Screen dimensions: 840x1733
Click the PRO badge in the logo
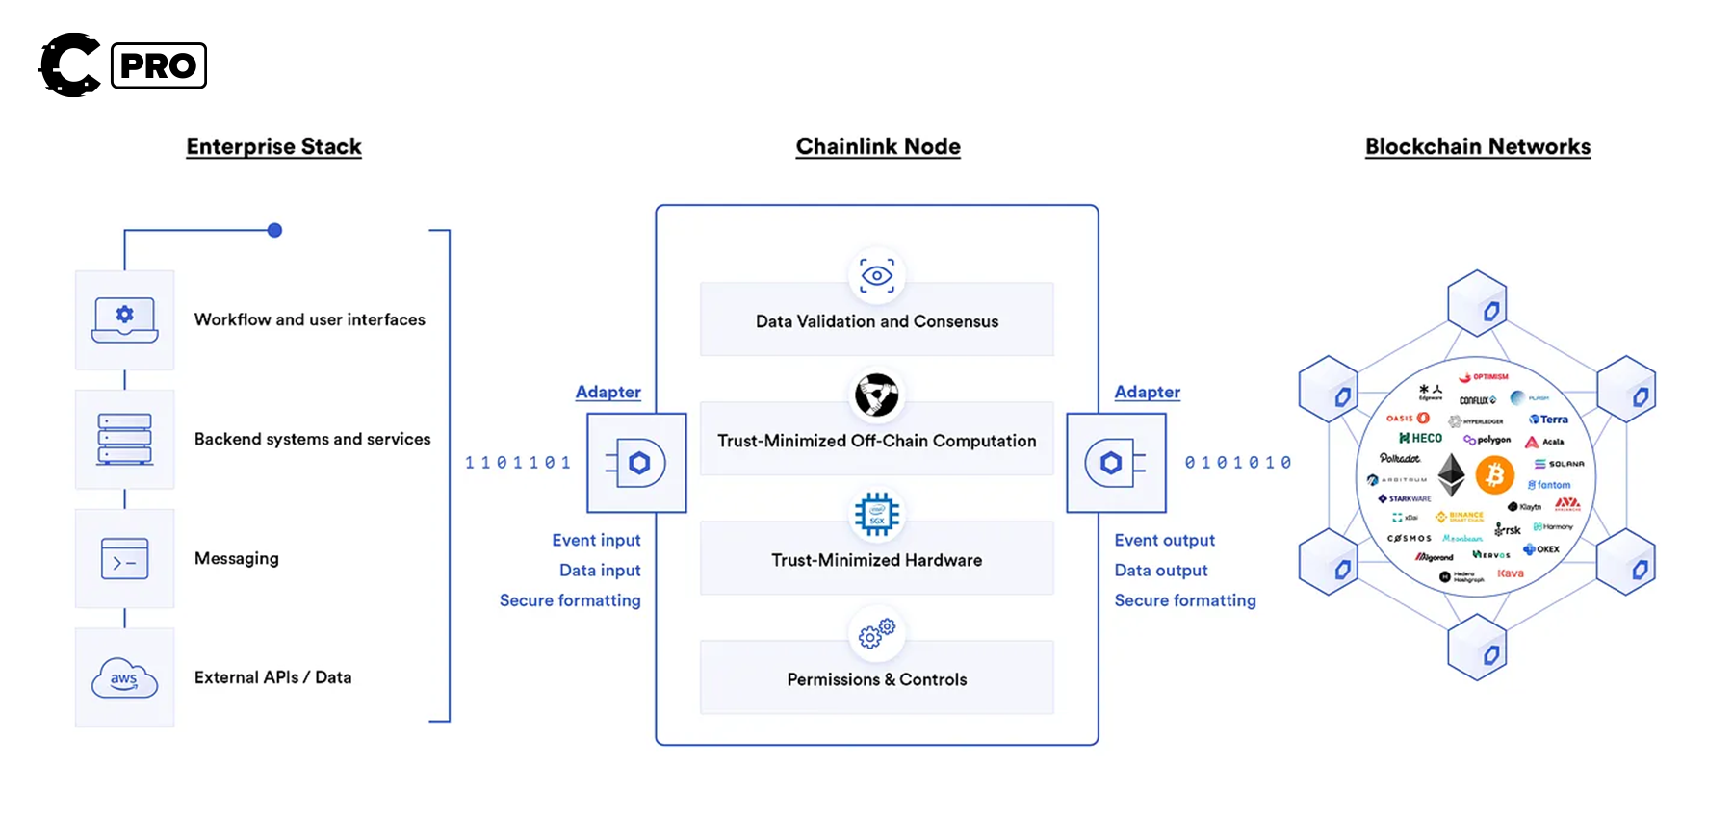pyautogui.click(x=159, y=65)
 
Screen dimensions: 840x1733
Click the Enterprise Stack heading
pyautogui.click(x=273, y=146)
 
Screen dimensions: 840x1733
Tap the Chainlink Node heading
pyautogui.click(x=877, y=146)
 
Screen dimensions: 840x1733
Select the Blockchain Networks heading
pyautogui.click(x=1477, y=146)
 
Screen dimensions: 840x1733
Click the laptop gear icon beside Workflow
pyautogui.click(x=124, y=320)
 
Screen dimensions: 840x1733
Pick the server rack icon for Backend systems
pyautogui.click(x=124, y=439)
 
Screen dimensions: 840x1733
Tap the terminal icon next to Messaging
pyautogui.click(x=124, y=558)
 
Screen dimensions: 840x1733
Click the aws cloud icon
pyautogui.click(x=124, y=677)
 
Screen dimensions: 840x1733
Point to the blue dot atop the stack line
pyautogui.click(x=274, y=230)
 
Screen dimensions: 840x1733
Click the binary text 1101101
pyautogui.click(x=518, y=463)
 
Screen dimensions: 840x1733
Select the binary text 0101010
pyautogui.click(x=1238, y=463)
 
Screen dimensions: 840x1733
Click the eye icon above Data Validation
pyautogui.click(x=876, y=276)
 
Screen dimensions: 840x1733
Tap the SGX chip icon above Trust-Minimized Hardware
pyautogui.click(x=876, y=515)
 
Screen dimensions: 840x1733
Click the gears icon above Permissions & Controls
pyautogui.click(x=876, y=633)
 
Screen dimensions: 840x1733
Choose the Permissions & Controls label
pyautogui.click(x=876, y=679)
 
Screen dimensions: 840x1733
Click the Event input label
pyautogui.click(x=596, y=540)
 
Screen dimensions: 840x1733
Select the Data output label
pyautogui.click(x=1160, y=570)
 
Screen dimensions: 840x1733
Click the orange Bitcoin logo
pyautogui.click(x=1494, y=474)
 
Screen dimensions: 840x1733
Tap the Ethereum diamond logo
pyautogui.click(x=1451, y=474)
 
